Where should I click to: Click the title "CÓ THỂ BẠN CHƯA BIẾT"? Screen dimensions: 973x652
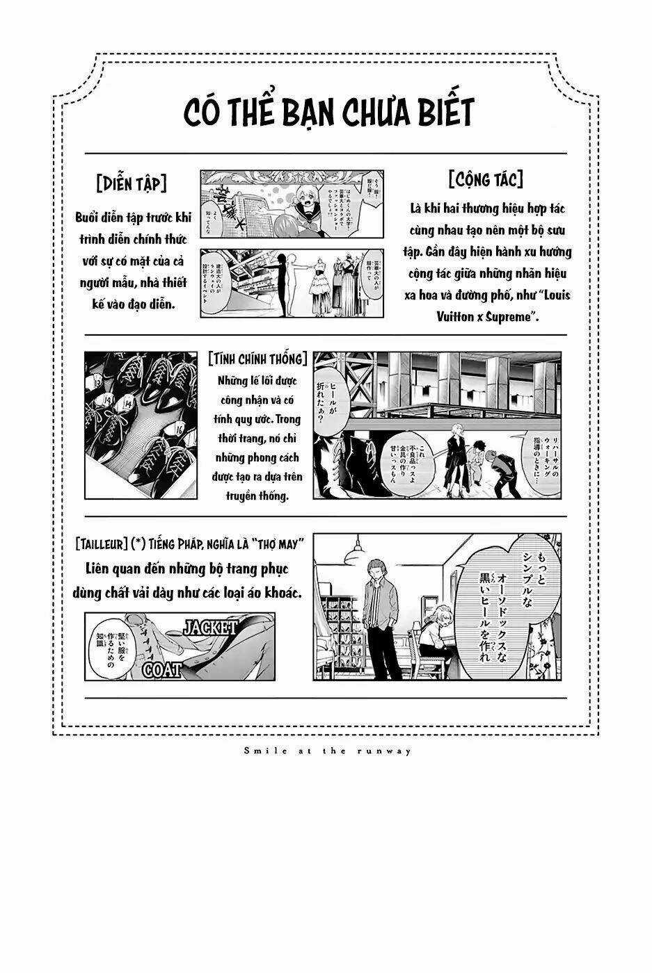pyautogui.click(x=329, y=113)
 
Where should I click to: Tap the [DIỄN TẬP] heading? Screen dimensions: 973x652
pyautogui.click(x=132, y=183)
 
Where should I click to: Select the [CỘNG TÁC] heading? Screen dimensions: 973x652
pyautogui.click(x=486, y=180)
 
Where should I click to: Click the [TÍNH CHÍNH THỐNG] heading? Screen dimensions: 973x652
pyautogui.click(x=257, y=359)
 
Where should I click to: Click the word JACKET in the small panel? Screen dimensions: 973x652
pyautogui.click(x=209, y=626)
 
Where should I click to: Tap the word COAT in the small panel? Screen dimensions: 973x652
pyautogui.click(x=162, y=670)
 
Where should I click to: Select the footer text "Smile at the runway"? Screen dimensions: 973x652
pyautogui.click(x=326, y=750)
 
